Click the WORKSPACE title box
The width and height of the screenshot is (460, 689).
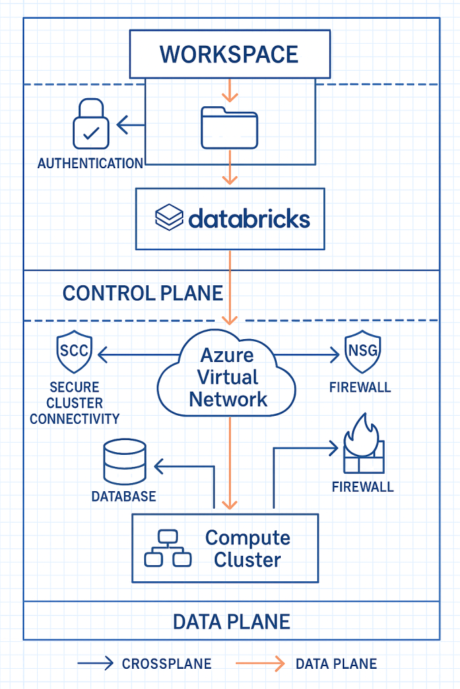point(230,54)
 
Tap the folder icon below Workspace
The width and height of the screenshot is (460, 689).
point(229,128)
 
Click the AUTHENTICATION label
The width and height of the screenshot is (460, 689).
point(90,164)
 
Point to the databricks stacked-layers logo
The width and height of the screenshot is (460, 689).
point(170,218)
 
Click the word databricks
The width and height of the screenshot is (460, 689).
point(249,218)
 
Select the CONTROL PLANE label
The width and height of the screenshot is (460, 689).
point(143,293)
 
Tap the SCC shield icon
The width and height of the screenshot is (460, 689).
point(75,353)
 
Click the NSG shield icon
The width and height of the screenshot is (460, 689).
point(362,353)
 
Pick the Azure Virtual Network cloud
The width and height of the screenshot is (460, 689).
point(228,377)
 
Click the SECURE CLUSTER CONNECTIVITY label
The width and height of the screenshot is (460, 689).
point(75,403)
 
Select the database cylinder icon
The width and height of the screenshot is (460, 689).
point(125,462)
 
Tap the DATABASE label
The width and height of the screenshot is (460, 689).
point(124,497)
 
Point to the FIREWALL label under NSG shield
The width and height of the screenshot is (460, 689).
point(360,388)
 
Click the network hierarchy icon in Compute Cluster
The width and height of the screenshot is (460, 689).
point(168,548)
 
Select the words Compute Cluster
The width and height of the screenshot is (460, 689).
point(247,548)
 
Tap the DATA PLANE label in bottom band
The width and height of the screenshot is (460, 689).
point(232,621)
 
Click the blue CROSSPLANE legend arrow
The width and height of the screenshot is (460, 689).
point(95,664)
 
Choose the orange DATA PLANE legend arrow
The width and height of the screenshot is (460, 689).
point(260,664)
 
